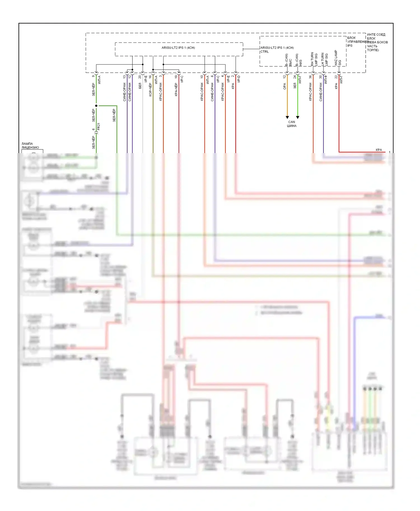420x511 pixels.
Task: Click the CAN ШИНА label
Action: coord(291,124)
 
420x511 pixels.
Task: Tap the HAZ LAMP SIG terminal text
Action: coord(338,58)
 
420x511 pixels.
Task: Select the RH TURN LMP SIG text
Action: coord(314,59)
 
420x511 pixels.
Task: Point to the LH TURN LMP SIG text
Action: coord(324,59)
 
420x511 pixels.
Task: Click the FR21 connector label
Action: coord(99,126)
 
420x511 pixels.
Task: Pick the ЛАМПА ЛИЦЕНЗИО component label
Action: coord(30,146)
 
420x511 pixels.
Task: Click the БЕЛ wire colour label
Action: coord(140,86)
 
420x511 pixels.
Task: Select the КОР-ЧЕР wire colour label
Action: coord(150,90)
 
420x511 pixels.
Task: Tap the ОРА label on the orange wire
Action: coord(284,86)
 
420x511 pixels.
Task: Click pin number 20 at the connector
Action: coord(140,77)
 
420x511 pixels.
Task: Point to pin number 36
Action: coord(310,77)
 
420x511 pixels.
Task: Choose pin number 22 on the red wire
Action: coord(336,77)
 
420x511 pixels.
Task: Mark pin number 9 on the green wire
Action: coord(94,76)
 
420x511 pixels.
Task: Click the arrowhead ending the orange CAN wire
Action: coord(287,117)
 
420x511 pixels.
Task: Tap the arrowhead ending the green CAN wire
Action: coord(298,117)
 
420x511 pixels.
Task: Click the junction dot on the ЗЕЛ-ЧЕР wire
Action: coord(96,106)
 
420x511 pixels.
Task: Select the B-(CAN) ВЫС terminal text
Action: coord(288,60)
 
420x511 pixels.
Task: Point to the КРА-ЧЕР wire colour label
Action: coord(176,90)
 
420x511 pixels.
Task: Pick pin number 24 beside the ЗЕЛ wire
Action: coord(295,77)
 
